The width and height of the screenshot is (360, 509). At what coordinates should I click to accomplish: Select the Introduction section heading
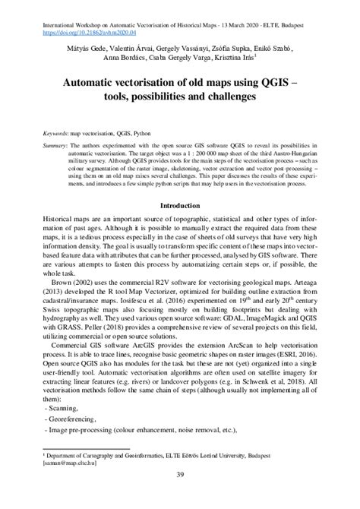179,205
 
